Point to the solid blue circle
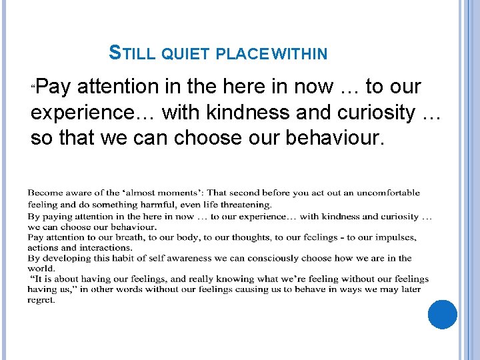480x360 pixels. pos(443,315)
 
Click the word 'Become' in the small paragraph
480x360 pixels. pos(45,193)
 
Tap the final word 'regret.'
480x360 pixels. pos(41,300)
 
